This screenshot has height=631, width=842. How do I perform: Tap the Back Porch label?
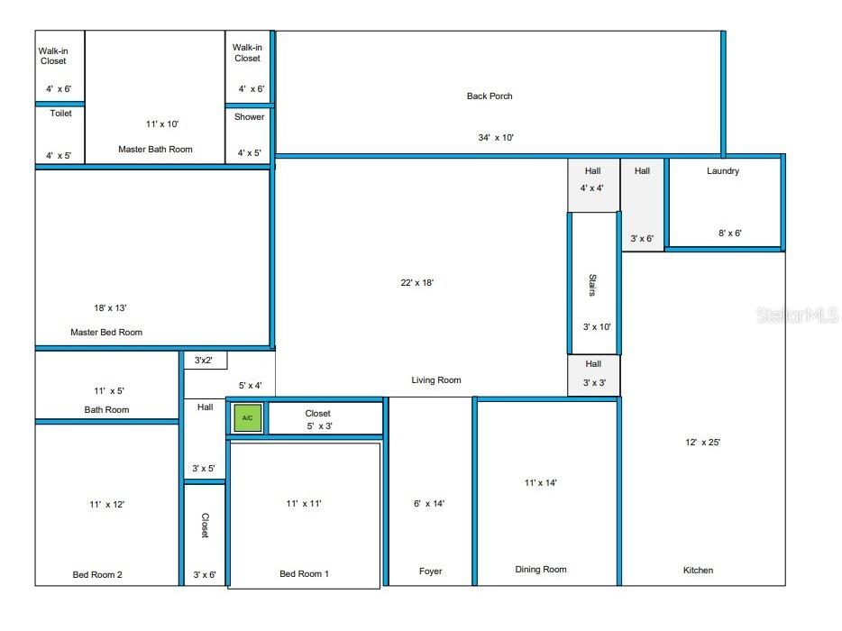(490, 96)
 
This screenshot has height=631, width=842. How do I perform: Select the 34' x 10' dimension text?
(496, 138)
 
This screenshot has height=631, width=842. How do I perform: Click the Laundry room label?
(723, 170)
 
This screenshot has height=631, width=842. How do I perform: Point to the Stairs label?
(592, 285)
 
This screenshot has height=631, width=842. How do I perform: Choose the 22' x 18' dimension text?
(417, 282)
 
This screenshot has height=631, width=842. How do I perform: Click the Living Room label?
(436, 380)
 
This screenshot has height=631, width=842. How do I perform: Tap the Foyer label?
(431, 572)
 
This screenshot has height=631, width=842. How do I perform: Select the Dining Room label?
(541, 569)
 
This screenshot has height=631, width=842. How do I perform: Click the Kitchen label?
(698, 570)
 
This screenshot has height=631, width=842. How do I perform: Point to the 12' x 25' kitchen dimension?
(703, 442)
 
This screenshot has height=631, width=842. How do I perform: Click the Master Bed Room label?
(106, 332)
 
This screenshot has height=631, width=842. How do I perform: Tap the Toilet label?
(60, 114)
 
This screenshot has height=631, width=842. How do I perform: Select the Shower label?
(250, 117)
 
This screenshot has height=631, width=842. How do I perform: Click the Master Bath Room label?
(155, 149)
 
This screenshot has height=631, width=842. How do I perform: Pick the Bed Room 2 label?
(97, 574)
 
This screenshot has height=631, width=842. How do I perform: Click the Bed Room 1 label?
(304, 574)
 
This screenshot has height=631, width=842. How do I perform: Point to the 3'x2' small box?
(205, 361)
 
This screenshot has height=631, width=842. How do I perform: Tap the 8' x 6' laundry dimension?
(730, 233)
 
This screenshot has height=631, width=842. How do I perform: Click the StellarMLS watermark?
(797, 315)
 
